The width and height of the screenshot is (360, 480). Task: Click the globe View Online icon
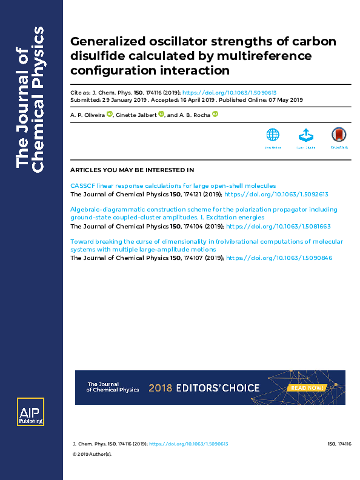[273, 135]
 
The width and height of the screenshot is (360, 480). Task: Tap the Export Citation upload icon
[306, 135]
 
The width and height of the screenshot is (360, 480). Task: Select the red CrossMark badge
[339, 135]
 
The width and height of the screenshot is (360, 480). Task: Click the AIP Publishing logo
[28, 412]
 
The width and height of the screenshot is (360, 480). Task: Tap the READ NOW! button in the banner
[307, 388]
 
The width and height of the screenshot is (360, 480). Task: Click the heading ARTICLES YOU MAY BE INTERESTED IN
[132, 170]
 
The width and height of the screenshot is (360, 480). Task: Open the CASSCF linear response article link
[173, 185]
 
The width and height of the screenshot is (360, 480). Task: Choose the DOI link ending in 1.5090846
[279, 258]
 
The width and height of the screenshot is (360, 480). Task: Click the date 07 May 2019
[285, 100]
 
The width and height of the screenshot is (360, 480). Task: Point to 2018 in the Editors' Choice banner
[160, 388]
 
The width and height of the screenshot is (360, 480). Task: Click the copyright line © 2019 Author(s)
[92, 453]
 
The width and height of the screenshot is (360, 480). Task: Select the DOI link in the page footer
[188, 444]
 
